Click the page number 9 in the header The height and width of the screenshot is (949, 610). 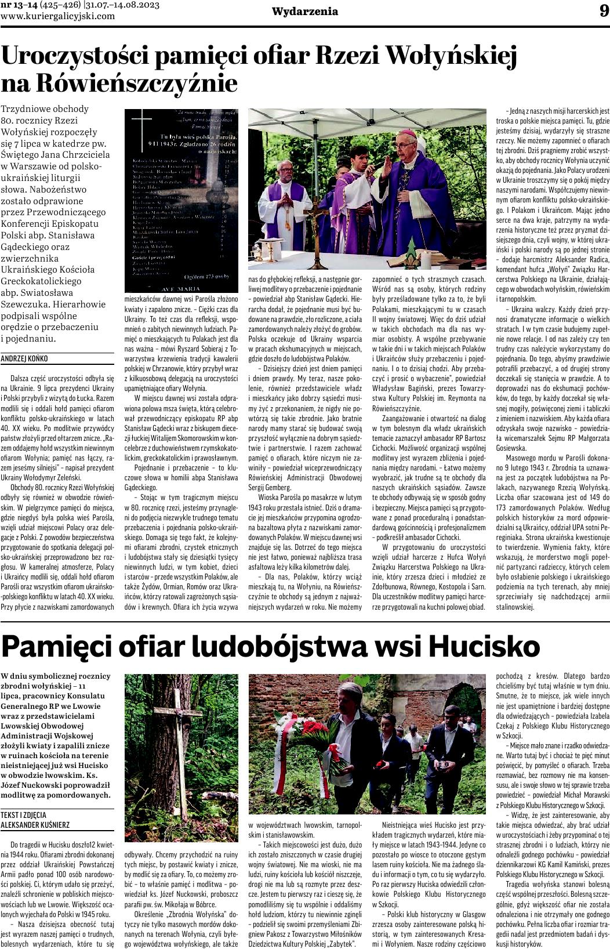602,11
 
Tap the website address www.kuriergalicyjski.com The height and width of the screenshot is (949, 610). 58,16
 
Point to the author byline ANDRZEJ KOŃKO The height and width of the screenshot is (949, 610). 25,359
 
